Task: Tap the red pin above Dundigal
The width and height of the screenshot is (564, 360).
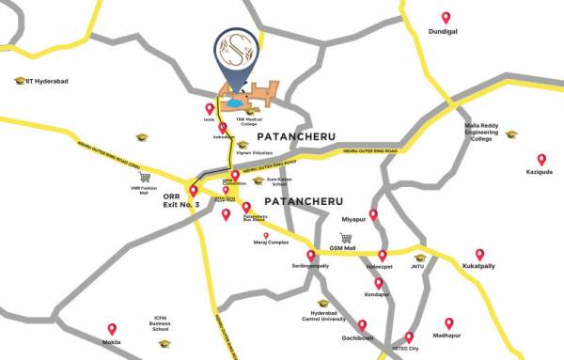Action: click(x=446, y=18)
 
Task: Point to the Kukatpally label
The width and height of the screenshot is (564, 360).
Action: click(x=478, y=267)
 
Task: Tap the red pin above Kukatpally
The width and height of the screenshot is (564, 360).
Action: click(x=479, y=254)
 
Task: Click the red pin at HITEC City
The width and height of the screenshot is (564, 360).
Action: click(x=408, y=336)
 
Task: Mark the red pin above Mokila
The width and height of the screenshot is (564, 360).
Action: click(x=111, y=329)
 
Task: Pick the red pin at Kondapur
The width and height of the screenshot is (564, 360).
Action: click(x=378, y=282)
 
